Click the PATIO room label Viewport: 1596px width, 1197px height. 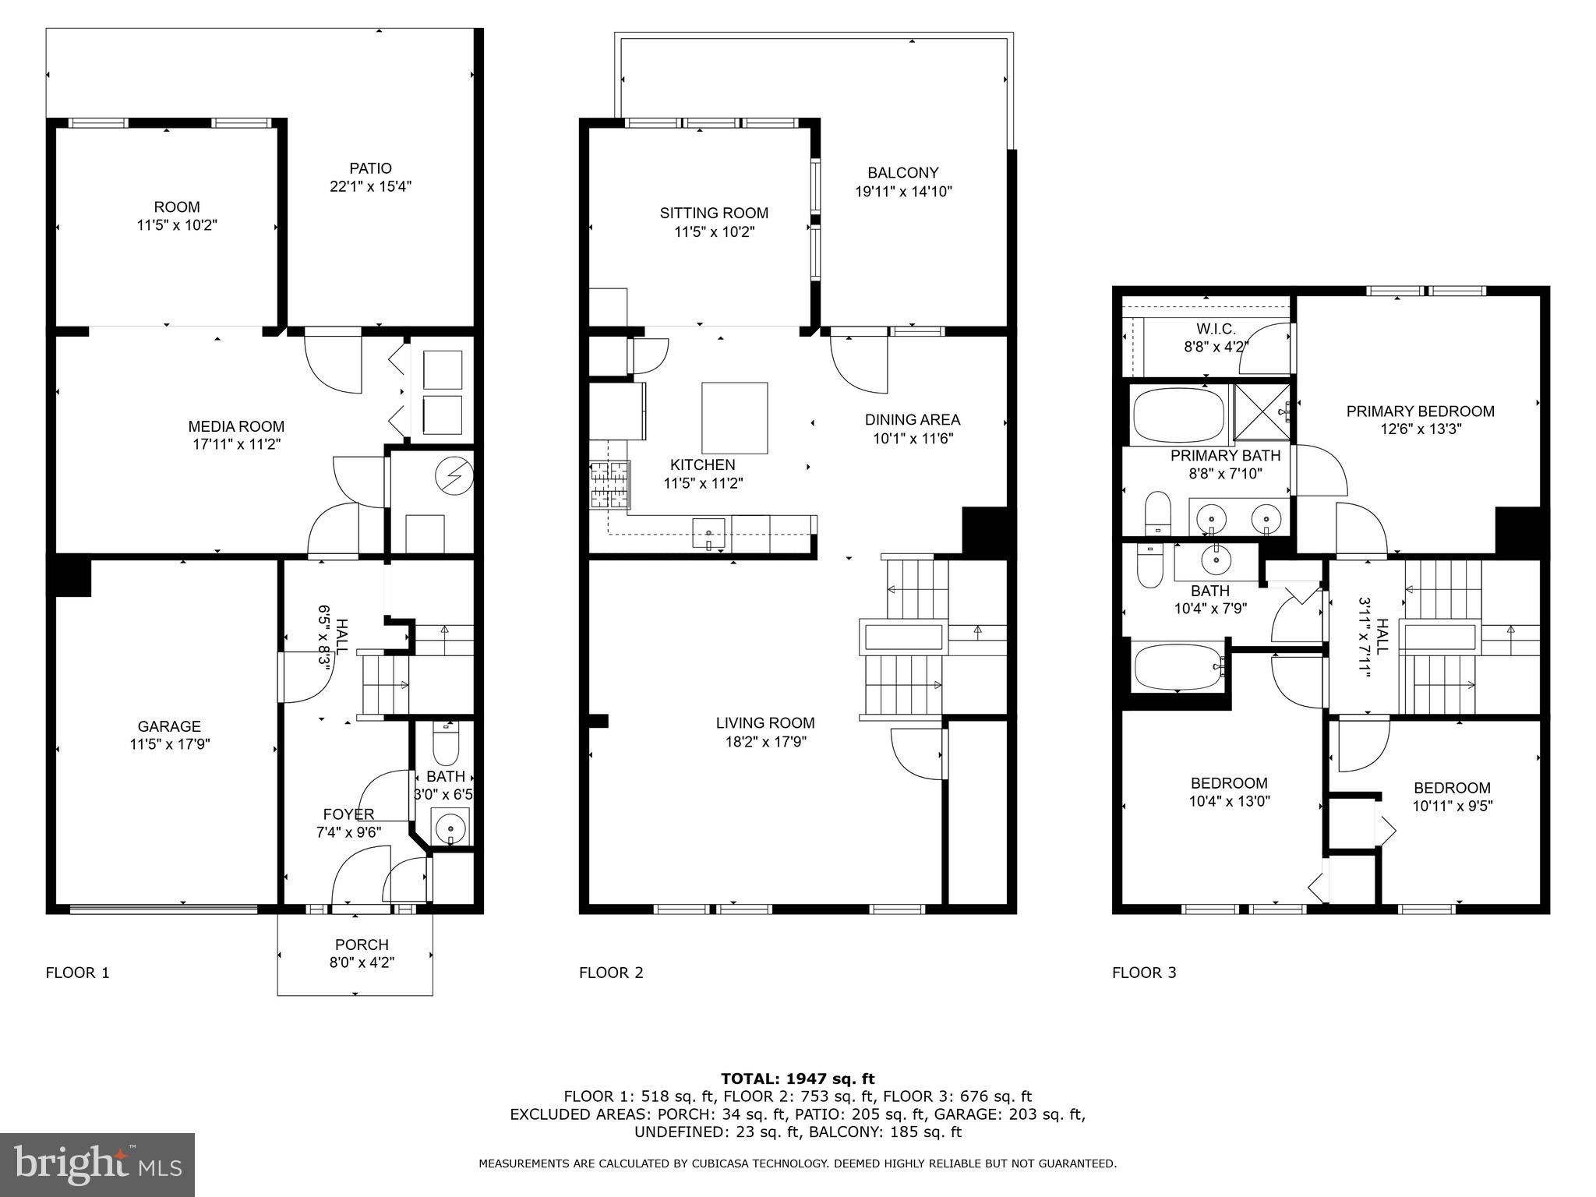pos(370,168)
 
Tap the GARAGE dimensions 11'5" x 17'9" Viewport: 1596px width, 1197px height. pos(170,744)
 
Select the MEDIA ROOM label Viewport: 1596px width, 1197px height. pos(236,426)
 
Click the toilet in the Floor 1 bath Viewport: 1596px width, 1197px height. pos(446,746)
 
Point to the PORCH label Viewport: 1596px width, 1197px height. pos(362,945)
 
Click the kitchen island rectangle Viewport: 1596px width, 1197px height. pos(734,418)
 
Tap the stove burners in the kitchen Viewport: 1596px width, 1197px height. pos(609,485)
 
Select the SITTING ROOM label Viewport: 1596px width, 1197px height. pos(714,213)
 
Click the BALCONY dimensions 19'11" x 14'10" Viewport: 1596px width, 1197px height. pos(903,192)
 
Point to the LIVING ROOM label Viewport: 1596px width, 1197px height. pos(765,722)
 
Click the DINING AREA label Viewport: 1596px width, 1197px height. pos(912,420)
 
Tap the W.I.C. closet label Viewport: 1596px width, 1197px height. pos(1216,330)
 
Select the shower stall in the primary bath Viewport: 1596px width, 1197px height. pos(1259,413)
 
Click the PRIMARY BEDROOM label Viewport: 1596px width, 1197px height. pos(1420,411)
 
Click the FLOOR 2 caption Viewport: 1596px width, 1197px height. pos(611,973)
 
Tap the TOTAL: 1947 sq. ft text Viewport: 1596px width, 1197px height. pos(797,1079)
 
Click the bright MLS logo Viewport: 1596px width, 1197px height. pos(97,1164)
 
